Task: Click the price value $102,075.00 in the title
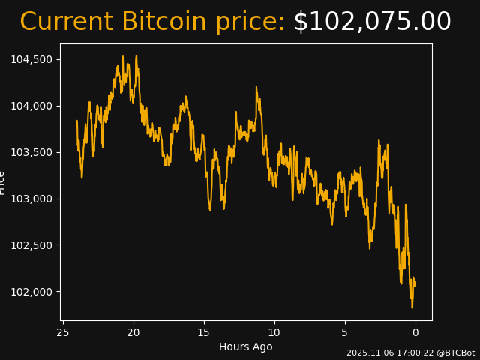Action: coord(372,22)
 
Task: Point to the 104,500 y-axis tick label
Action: coord(31,59)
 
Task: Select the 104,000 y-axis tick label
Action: coord(31,106)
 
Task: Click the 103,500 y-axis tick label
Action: coord(31,152)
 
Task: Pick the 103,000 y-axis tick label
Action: coord(31,199)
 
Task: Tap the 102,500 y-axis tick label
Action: coord(31,245)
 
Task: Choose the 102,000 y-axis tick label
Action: coord(31,292)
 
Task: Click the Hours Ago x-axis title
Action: coord(246,346)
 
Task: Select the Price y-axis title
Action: coord(2,182)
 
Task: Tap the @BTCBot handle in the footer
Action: coord(455,352)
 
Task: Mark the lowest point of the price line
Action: coord(412,307)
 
